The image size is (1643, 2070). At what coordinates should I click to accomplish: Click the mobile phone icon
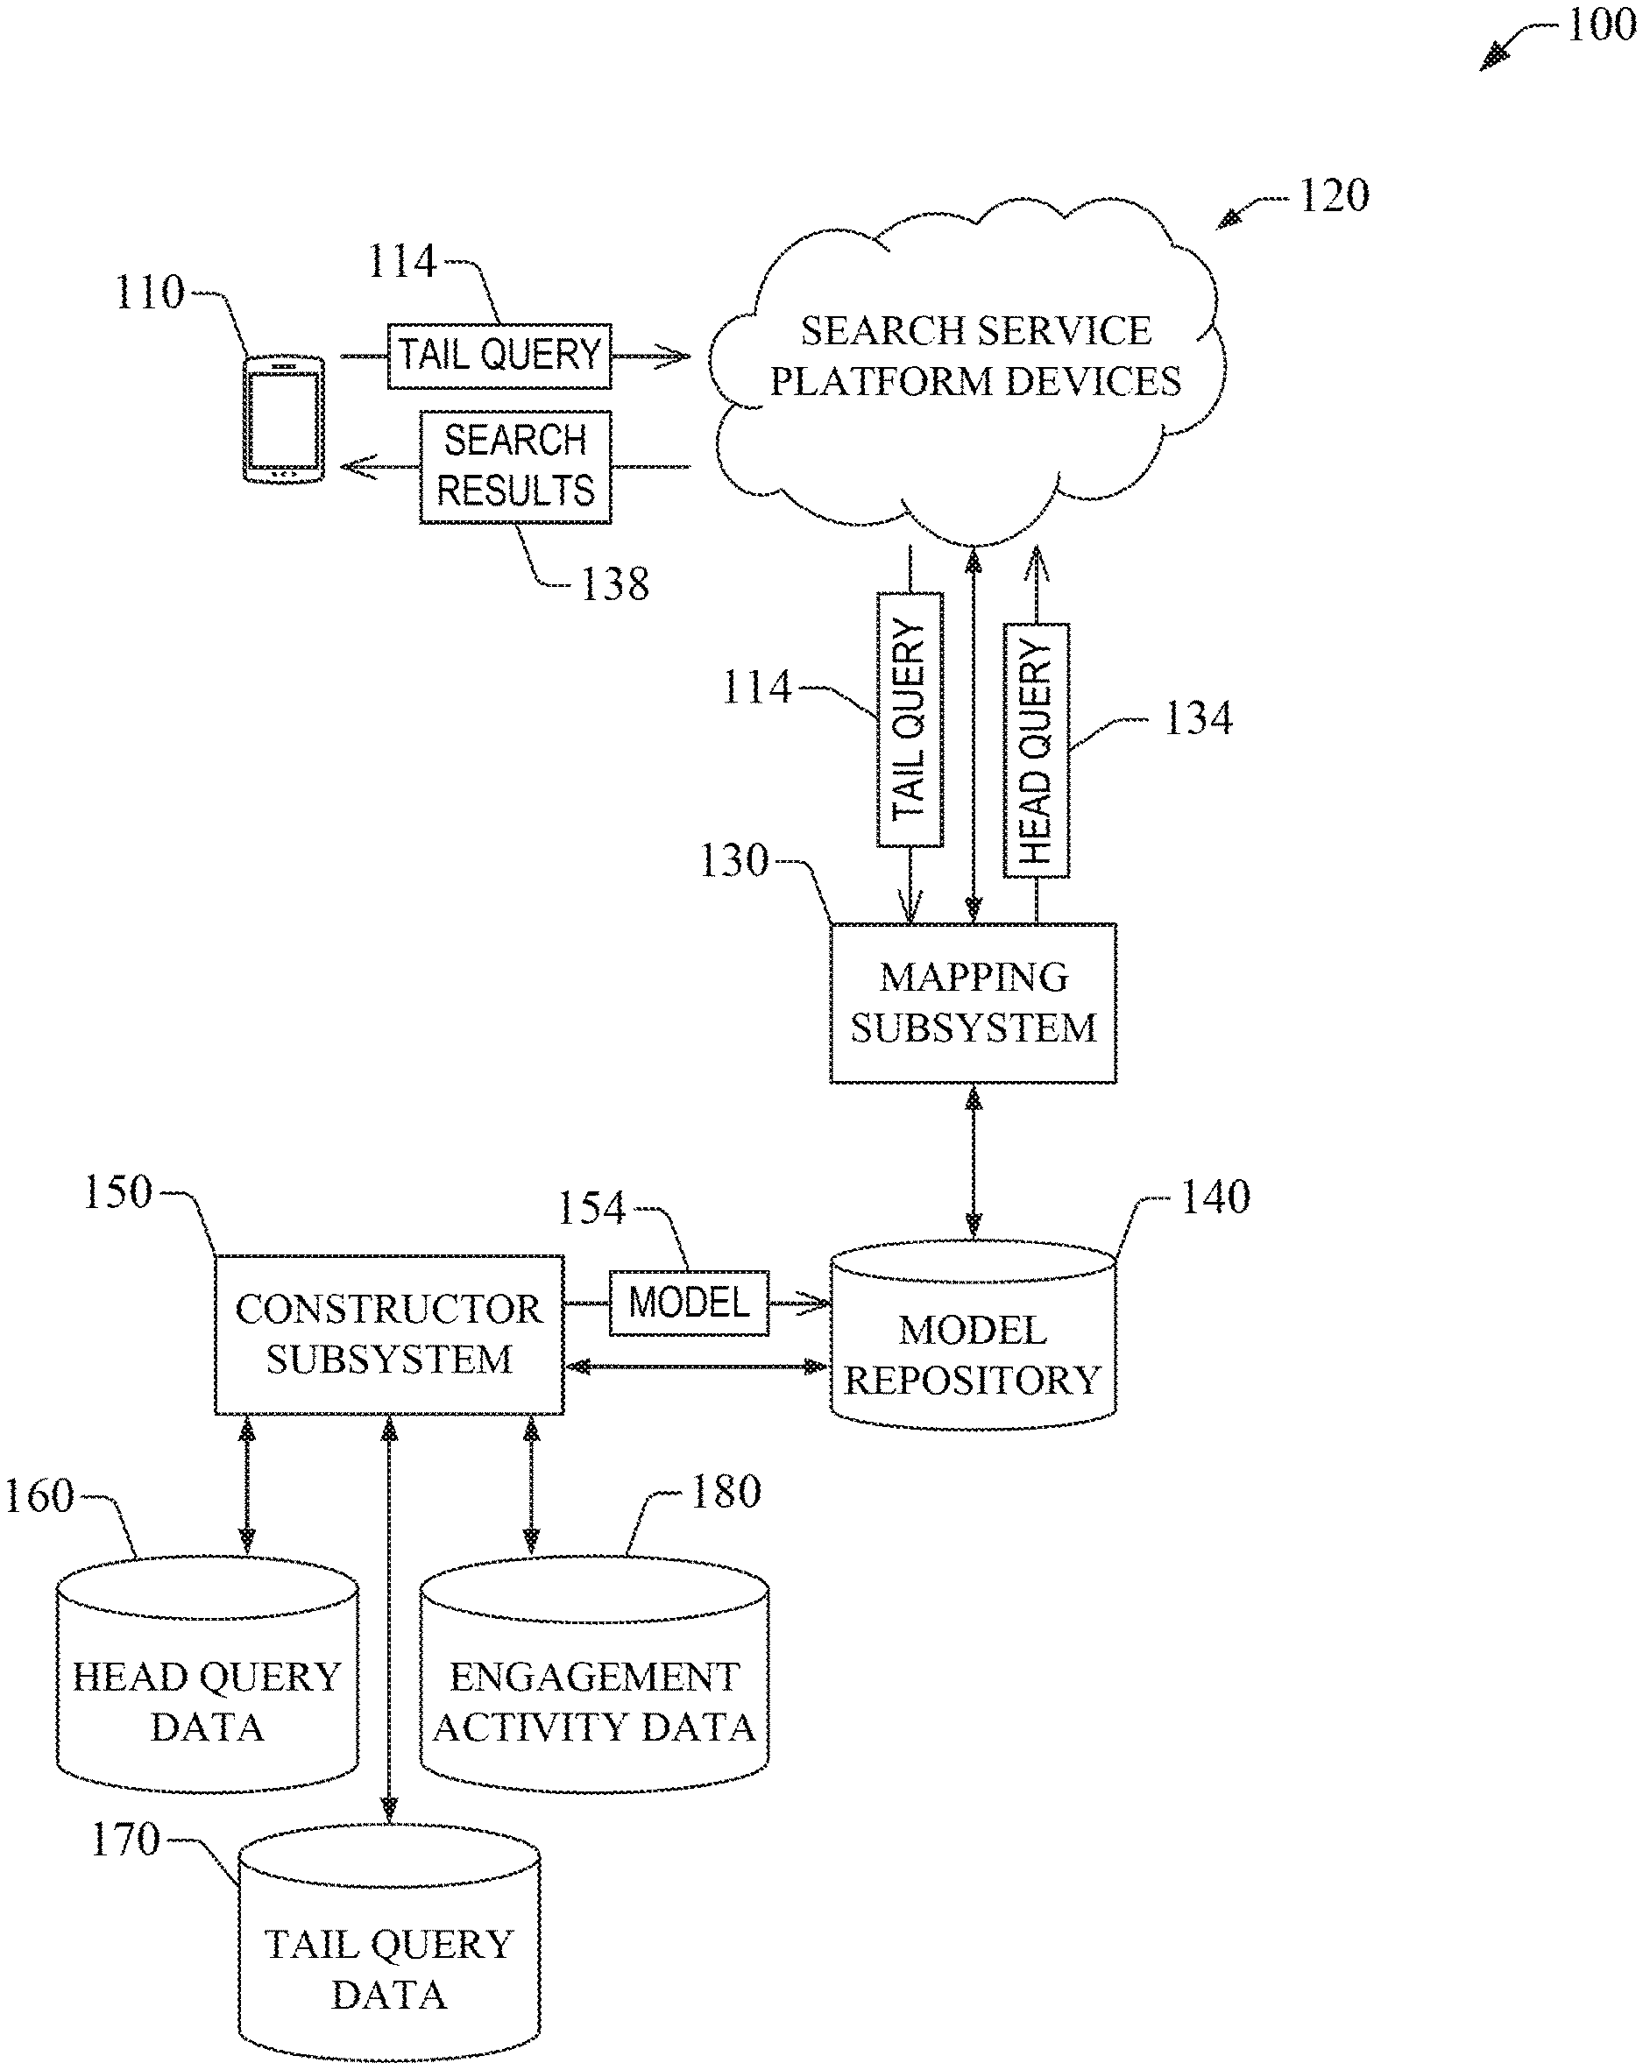283,419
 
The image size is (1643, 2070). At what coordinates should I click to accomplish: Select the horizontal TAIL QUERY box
499,357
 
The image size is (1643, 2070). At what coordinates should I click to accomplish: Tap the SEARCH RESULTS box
515,467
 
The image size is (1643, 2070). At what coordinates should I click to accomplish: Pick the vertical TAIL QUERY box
910,719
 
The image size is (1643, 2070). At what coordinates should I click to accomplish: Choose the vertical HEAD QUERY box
1035,751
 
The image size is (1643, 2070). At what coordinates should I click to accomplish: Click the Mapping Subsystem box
973,1003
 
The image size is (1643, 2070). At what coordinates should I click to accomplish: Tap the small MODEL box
689,1303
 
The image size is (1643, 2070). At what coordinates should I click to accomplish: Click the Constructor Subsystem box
389,1334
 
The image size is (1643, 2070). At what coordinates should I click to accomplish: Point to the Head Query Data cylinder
208,1690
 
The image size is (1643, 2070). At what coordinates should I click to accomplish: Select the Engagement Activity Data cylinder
593,1690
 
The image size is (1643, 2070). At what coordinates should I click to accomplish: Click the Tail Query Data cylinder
389,1959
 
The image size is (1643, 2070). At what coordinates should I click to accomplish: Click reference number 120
1334,196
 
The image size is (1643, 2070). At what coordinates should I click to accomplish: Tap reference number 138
614,583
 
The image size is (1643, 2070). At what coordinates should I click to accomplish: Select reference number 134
1198,719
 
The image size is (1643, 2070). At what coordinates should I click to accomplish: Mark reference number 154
591,1209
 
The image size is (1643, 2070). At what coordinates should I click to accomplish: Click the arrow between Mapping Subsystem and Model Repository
974,1162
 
